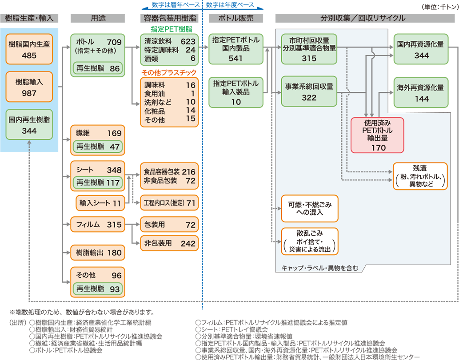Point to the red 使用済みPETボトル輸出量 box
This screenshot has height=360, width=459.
(x=377, y=135)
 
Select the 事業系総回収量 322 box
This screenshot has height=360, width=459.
(x=309, y=92)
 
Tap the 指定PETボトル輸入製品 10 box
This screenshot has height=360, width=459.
(x=236, y=92)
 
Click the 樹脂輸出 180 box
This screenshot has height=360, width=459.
(x=97, y=253)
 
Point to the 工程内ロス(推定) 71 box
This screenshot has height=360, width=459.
(x=169, y=203)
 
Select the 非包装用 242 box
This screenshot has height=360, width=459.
(x=169, y=243)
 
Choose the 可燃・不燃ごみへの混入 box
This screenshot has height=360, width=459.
(x=309, y=208)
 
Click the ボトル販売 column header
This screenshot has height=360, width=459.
(x=236, y=18)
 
